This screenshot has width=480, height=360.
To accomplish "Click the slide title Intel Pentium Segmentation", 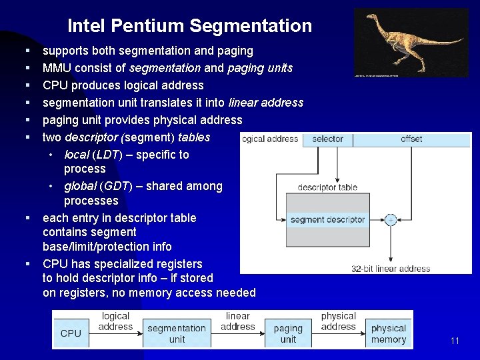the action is tap(189, 26).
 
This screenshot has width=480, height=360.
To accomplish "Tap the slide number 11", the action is tap(455, 341).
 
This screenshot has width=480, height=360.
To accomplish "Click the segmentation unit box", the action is tap(177, 333).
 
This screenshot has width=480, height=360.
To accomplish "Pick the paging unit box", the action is tap(288, 333).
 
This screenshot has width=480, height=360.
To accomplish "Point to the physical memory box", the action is tap(389, 333).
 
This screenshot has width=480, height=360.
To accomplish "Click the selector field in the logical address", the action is tap(327, 139).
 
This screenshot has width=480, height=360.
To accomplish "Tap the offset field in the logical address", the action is tap(411, 139).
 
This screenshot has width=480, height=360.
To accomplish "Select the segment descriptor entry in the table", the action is tap(327, 219).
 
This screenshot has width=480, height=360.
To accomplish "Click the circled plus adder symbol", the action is tap(391, 219).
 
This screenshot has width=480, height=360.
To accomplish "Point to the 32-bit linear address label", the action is tap(391, 269).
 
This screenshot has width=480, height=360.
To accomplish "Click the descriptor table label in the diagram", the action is tap(327, 187).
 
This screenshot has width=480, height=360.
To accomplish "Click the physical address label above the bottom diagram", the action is tap(339, 321).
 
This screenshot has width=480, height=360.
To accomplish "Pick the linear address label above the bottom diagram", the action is tap(237, 321).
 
